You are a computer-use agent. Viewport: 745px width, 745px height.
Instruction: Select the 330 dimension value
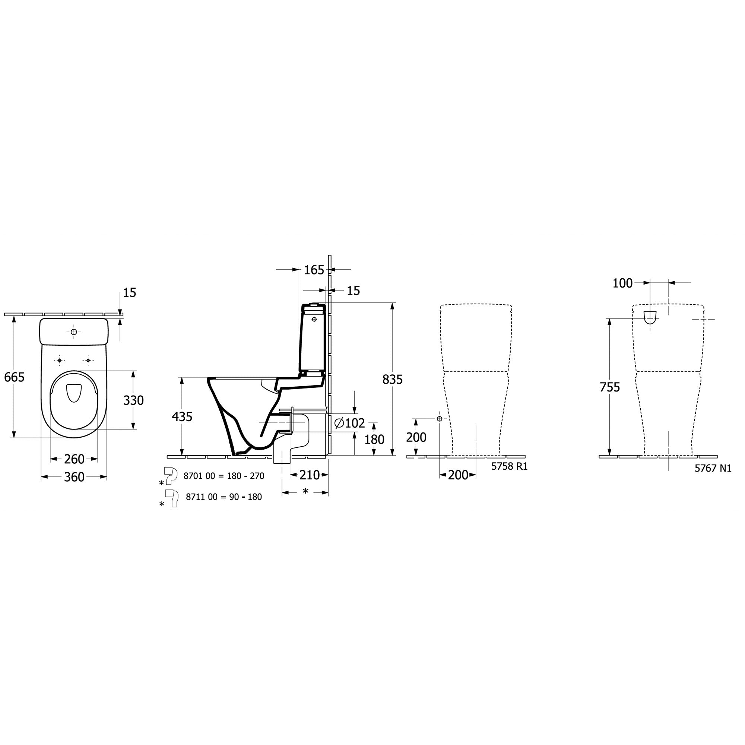[x=133, y=400]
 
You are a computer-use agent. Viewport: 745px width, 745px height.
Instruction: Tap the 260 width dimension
[x=74, y=459]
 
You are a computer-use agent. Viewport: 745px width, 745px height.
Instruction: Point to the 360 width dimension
[x=74, y=477]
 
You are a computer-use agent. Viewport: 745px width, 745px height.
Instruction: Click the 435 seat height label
[x=182, y=416]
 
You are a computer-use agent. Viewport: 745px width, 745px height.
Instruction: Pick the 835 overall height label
[x=392, y=380]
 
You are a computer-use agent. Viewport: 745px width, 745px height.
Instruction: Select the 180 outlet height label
[x=374, y=439]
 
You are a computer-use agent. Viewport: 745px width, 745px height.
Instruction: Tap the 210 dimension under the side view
[x=310, y=475]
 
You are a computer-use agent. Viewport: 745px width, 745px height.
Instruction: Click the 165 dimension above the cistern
[x=314, y=270]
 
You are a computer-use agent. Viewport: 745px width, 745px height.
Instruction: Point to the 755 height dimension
[x=610, y=387]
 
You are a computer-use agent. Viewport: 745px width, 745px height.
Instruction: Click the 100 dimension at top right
[x=622, y=283]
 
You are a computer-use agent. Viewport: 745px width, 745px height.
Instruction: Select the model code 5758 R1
[x=509, y=466]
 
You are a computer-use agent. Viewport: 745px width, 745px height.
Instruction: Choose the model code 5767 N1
[x=713, y=468]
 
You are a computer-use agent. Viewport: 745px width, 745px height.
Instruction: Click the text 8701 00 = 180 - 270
[x=223, y=476]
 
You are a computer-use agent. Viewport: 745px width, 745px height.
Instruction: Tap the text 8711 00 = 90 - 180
[x=223, y=497]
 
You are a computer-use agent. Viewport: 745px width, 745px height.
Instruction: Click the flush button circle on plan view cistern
[x=74, y=332]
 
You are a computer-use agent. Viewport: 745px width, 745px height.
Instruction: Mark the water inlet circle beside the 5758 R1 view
[x=439, y=419]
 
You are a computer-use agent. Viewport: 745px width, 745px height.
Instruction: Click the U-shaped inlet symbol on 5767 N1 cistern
[x=650, y=317]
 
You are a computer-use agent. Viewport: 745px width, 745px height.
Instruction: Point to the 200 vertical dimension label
[x=416, y=437]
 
